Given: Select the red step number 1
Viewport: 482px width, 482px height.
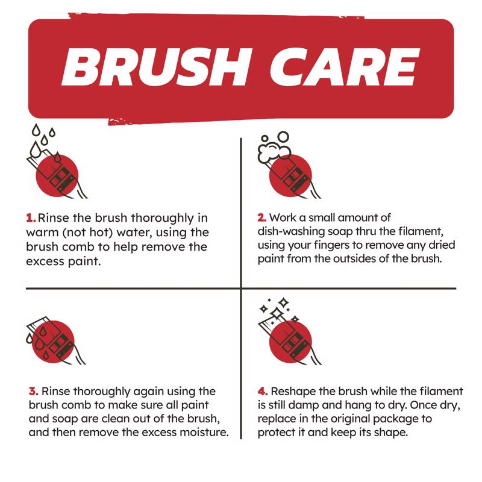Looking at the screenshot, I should pos(30,218).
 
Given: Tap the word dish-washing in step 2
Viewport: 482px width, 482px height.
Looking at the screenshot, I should pos(286,231).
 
